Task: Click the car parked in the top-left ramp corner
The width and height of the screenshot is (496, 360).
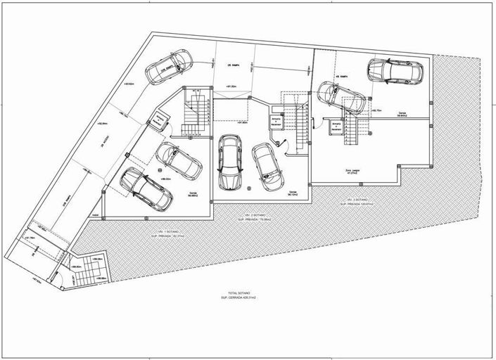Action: (167, 66)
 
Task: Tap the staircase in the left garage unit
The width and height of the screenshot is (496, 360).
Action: (192, 112)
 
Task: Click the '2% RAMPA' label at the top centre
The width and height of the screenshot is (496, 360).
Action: (236, 65)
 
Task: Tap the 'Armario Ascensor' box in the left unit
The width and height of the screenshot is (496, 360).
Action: (159, 122)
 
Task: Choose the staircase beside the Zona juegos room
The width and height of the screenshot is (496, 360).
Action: (355, 131)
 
